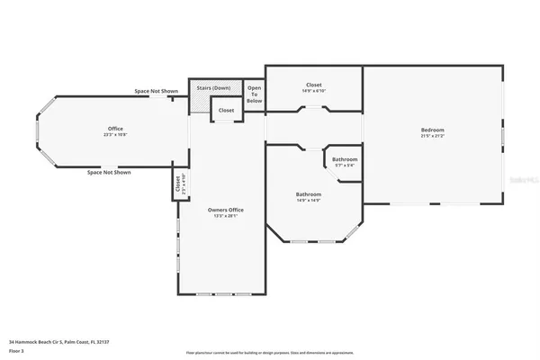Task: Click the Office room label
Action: tap(114, 129)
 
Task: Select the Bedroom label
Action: tap(432, 130)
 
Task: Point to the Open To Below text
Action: tap(255, 94)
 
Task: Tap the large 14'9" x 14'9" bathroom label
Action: tap(309, 194)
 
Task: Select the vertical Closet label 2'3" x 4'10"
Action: tap(178, 185)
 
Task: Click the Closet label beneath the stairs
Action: tap(226, 111)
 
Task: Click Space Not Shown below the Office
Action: tap(109, 172)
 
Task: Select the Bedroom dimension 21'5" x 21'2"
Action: tap(432, 137)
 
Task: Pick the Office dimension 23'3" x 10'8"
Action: tap(114, 135)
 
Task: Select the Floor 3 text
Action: tap(15, 350)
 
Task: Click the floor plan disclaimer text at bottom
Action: tap(270, 353)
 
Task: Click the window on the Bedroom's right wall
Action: tap(502, 135)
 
